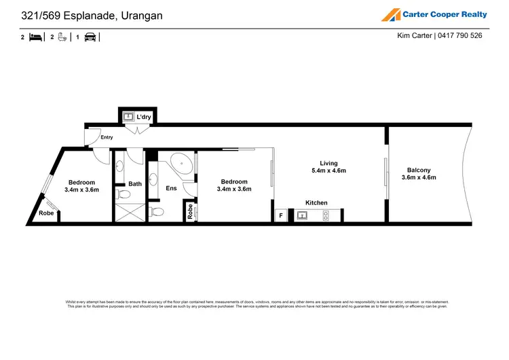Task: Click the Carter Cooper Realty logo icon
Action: tap(390, 14)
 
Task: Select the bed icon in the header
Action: tap(36, 37)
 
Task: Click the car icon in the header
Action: tap(90, 37)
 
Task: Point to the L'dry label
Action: tap(143, 117)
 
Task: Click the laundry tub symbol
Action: tap(128, 117)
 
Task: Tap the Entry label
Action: tap(107, 137)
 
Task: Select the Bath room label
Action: tap(135, 183)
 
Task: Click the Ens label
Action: tap(172, 188)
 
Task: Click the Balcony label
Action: tap(419, 170)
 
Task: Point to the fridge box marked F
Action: tap(281, 215)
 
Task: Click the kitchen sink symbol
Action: tap(302, 215)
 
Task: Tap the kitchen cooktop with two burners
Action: tap(325, 215)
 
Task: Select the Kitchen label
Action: tap(316, 202)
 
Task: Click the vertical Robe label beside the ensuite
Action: tap(190, 212)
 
